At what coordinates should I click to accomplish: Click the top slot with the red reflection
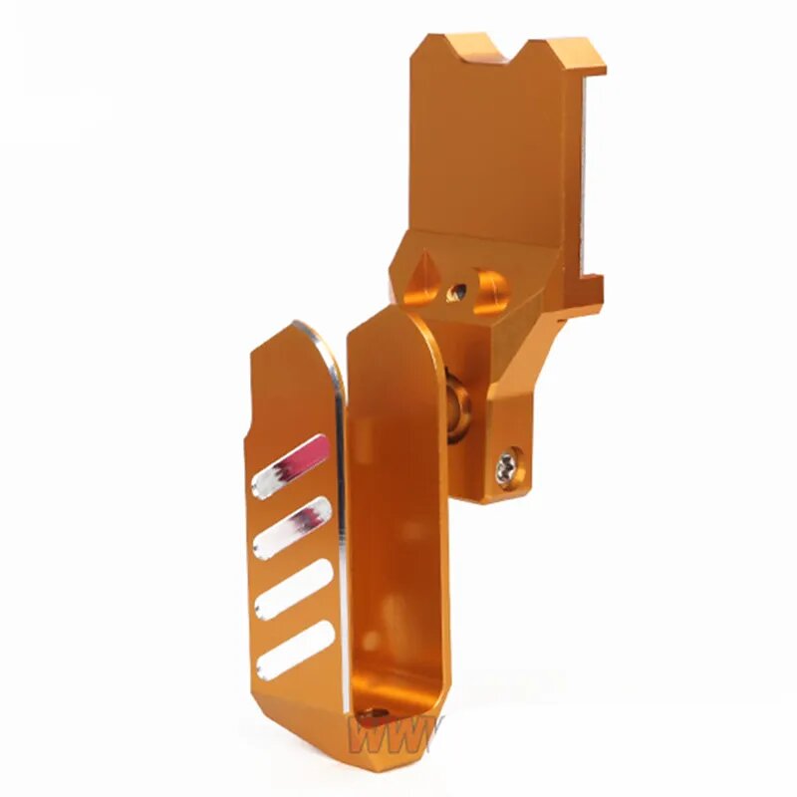[x=290, y=466]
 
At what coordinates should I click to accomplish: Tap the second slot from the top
[x=294, y=526]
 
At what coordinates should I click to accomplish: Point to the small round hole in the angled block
[x=459, y=291]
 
